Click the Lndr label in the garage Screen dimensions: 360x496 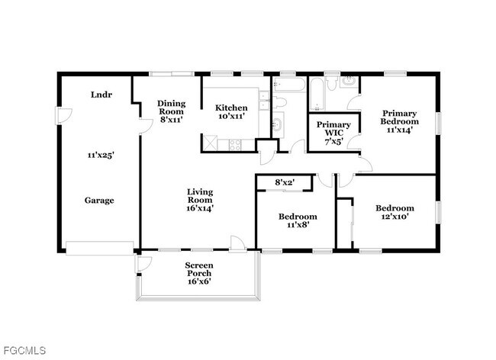pos(100,95)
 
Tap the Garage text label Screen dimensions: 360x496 pos(99,201)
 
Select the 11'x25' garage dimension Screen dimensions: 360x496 pos(100,155)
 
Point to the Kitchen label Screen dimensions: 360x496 pos(230,108)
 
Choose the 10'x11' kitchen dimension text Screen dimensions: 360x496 pos(230,117)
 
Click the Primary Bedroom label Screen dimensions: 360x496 pos(401,116)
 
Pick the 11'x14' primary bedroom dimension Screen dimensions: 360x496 pos(401,130)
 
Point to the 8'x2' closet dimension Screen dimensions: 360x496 pos(284,182)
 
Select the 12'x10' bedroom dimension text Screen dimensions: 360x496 pos(395,218)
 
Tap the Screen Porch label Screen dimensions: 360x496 pos(198,269)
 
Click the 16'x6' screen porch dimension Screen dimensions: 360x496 pos(198,281)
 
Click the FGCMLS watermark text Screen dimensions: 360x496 pos(24,350)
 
